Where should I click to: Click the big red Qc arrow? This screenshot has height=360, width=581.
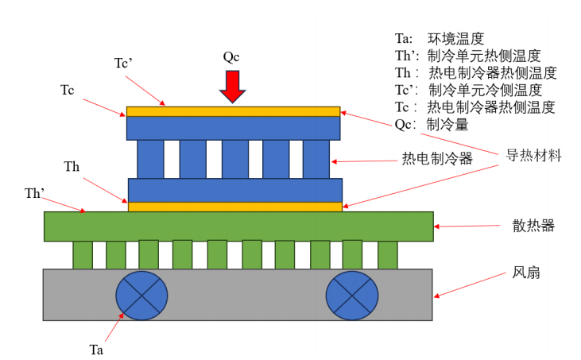click(232, 86)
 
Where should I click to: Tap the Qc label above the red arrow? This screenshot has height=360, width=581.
click(231, 56)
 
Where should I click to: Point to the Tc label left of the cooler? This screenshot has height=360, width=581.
click(68, 89)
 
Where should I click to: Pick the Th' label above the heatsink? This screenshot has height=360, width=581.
click(35, 192)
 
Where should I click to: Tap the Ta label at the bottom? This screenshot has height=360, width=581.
click(96, 348)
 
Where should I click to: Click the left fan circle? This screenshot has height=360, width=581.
click(141, 295)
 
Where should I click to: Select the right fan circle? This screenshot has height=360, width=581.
click(352, 295)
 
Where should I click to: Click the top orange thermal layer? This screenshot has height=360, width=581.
click(233, 111)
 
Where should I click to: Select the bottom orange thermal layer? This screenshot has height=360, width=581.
click(235, 207)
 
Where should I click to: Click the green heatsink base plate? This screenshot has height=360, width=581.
click(238, 226)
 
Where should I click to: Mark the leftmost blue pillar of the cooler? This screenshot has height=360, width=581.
click(150, 159)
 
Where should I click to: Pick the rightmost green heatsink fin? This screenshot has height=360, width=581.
click(387, 254)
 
